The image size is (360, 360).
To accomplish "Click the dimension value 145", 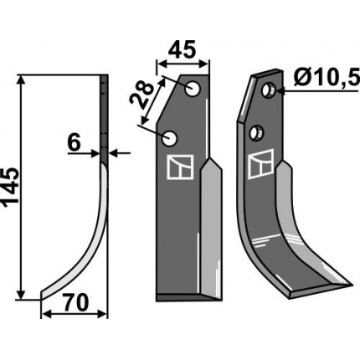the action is pos(11,188).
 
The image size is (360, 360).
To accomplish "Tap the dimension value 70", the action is pos(76,303).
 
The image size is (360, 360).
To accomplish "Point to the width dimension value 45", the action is pos(186,50).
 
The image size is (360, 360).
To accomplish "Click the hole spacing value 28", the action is pos(142,95).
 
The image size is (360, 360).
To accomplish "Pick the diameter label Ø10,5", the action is pos(327,78).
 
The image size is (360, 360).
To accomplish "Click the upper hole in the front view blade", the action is pos(193,89).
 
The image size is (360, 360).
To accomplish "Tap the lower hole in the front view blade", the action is pos(169,138).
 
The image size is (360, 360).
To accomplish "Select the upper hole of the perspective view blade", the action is pos(269,90).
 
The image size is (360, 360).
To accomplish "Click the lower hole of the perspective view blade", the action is pos(256,133).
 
